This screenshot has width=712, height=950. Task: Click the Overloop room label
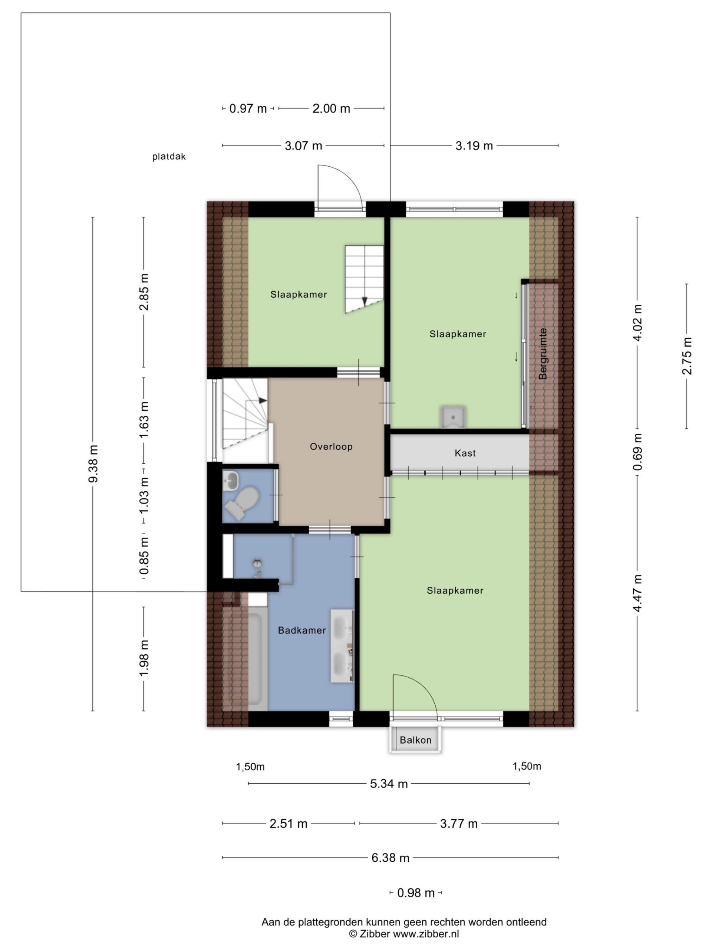pos(331,446)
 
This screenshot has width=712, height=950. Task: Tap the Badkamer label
pos(302,630)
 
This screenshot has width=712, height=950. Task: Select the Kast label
pos(465,453)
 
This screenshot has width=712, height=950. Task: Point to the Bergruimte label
pos(543,353)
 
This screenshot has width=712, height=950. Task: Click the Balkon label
pos(415,740)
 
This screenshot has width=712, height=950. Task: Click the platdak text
pos(169,157)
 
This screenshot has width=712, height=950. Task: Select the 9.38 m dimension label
pos(93,464)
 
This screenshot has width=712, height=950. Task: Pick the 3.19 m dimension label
pos(474,145)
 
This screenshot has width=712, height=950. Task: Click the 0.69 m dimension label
pos(637,451)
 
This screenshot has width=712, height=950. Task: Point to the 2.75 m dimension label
pos(687,356)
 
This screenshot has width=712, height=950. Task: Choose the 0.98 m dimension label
pos(415,893)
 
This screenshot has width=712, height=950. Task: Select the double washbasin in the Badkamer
pos(342,645)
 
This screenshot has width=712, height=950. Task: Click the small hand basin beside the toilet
pos(231,480)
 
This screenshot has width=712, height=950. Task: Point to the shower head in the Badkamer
pos(257,563)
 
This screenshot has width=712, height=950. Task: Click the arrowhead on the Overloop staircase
pos(263,400)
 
